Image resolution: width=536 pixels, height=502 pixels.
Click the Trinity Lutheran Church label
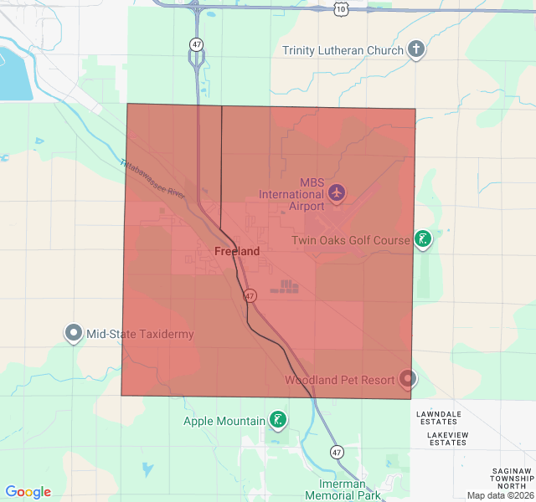[x=343, y=50]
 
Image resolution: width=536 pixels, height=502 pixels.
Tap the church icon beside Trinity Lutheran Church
[x=415, y=49]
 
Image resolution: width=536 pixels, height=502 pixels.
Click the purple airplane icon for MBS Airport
[x=337, y=193]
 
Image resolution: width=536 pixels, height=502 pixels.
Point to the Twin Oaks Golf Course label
[x=351, y=241]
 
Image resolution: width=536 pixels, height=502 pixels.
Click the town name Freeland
[x=237, y=251]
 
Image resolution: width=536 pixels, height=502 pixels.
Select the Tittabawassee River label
[x=152, y=178]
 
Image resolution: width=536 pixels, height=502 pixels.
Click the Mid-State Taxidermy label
[x=140, y=334]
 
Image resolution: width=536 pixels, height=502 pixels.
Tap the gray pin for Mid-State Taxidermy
[x=73, y=333]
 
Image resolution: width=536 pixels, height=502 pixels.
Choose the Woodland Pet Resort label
[x=339, y=380]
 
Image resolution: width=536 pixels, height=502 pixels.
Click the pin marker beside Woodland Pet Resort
[x=408, y=378]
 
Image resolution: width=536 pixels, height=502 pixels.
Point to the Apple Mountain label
[x=224, y=421]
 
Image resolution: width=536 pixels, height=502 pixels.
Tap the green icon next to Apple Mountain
[x=277, y=420]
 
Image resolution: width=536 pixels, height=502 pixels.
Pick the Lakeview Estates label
[x=446, y=438]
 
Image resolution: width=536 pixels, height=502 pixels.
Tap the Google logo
[x=28, y=492]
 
